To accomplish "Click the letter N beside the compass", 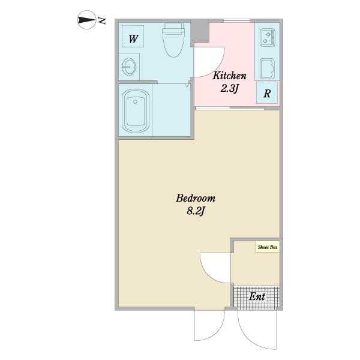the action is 102,20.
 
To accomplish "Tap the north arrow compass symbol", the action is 87,20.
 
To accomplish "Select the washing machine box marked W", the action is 133,36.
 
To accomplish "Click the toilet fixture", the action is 173,40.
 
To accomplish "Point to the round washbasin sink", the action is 129,67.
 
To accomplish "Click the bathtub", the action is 136,111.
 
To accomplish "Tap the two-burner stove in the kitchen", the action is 267,38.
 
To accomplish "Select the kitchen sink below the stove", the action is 267,68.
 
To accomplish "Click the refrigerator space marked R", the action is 267,93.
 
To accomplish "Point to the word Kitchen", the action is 229,76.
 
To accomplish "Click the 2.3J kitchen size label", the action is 229,88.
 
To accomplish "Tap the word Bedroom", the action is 196,198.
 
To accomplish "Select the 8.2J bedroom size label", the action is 196,211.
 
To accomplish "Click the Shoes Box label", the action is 268,247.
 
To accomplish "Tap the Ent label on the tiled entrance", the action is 257,296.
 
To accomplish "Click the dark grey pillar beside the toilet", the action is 200,32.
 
